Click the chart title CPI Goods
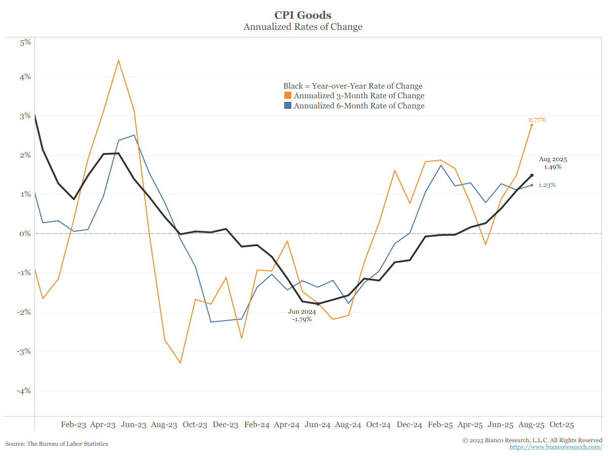[x=302, y=15]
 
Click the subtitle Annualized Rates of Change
[x=302, y=27]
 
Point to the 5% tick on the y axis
[x=25, y=42]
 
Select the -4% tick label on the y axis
[x=24, y=391]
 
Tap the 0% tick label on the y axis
[x=25, y=234]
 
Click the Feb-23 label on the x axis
[x=73, y=425]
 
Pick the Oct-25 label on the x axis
[x=562, y=425]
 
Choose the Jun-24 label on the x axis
[x=318, y=425]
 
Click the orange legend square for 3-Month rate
[x=287, y=96]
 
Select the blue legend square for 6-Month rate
[x=287, y=106]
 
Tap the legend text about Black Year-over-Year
[x=353, y=86]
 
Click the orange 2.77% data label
[x=537, y=120]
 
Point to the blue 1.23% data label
[x=547, y=185]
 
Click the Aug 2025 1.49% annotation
[x=553, y=163]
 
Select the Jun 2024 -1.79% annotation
[x=301, y=315]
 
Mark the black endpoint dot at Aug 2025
[x=531, y=175]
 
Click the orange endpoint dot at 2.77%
[x=531, y=125]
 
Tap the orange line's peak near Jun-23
[x=118, y=60]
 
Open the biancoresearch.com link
[x=556, y=447]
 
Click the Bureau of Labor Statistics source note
[x=57, y=444]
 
